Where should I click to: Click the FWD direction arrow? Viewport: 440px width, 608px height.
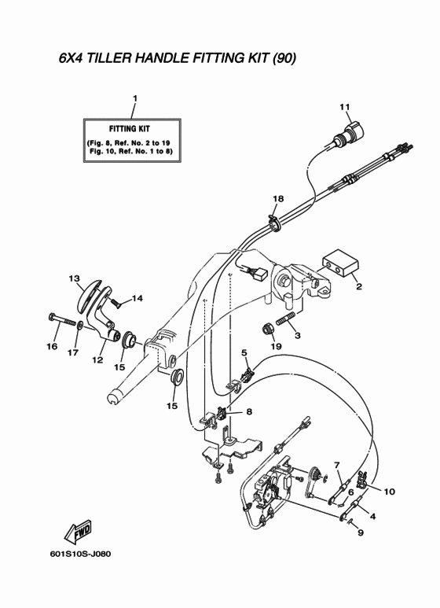click(x=79, y=532)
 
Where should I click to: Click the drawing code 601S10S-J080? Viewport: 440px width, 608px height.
click(x=80, y=554)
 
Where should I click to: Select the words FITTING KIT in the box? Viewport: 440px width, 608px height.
click(x=130, y=129)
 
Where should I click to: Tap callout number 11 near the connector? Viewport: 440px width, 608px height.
click(x=345, y=107)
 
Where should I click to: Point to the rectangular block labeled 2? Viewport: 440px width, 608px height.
click(x=341, y=264)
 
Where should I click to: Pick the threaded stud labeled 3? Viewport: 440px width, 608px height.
click(x=286, y=319)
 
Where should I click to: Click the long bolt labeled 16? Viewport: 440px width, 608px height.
click(x=62, y=319)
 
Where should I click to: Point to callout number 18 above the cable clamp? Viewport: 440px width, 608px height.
click(x=278, y=199)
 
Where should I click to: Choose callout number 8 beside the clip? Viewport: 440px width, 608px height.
click(x=249, y=411)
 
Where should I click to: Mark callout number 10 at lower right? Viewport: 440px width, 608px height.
click(x=390, y=492)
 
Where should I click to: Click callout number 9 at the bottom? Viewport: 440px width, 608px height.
click(x=360, y=533)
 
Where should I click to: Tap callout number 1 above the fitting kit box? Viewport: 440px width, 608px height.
click(x=135, y=99)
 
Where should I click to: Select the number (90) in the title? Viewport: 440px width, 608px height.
click(x=284, y=58)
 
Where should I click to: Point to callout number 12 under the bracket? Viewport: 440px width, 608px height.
click(x=97, y=360)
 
